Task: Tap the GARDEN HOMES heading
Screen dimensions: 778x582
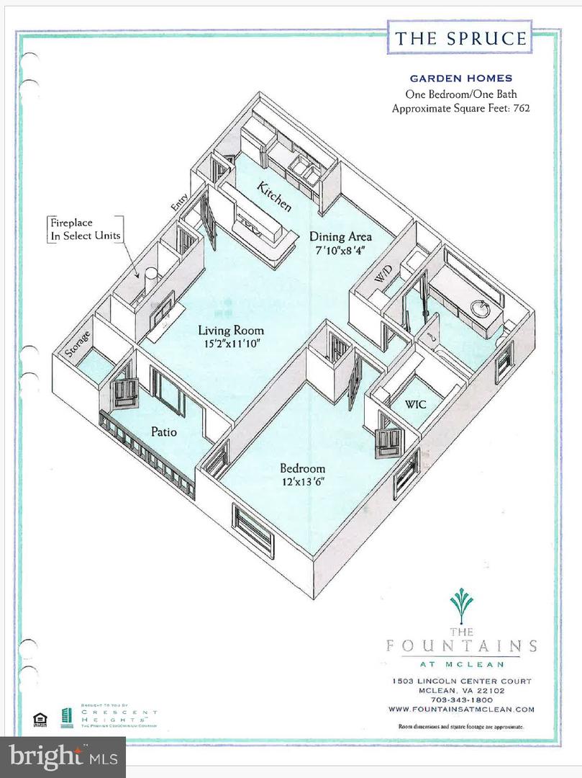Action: pos(461,79)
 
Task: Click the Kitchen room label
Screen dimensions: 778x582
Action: pos(275,197)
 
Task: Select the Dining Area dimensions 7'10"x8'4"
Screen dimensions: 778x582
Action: pos(342,251)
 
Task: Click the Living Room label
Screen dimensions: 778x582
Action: pos(231,331)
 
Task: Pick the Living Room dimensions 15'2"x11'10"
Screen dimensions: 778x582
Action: pos(231,344)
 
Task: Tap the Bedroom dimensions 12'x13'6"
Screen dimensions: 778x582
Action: pos(303,482)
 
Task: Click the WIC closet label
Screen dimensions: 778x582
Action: pos(415,405)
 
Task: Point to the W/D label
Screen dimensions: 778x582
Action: pos(381,276)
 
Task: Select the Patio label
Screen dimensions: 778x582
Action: pos(164,432)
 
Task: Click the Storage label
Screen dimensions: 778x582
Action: pos(78,344)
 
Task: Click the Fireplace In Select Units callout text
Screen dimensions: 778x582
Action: pos(85,229)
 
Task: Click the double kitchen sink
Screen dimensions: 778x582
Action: pos(305,171)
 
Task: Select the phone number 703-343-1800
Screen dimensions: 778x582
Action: pos(462,699)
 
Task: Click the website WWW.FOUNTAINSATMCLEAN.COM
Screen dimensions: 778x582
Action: pos(462,709)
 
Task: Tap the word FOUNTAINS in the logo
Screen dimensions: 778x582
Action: pos(461,645)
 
